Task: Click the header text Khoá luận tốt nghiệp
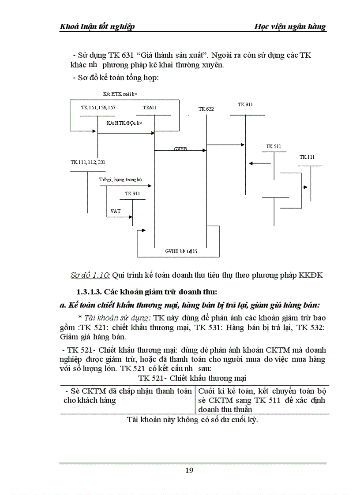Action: coord(97,26)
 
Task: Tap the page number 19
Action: coord(189,470)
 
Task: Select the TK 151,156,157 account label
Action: coord(98,108)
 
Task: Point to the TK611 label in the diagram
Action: coord(149,108)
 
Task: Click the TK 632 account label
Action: coord(206,108)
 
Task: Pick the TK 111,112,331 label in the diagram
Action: coord(88,162)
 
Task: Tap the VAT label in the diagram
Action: coord(116,211)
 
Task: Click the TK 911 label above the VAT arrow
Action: coord(132,194)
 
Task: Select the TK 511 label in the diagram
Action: coord(274,146)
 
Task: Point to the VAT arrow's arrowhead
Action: coord(131,216)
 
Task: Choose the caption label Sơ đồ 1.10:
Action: coord(90,275)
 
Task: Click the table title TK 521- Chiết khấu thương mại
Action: coord(192,378)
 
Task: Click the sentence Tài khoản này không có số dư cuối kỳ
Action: coord(192,420)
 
